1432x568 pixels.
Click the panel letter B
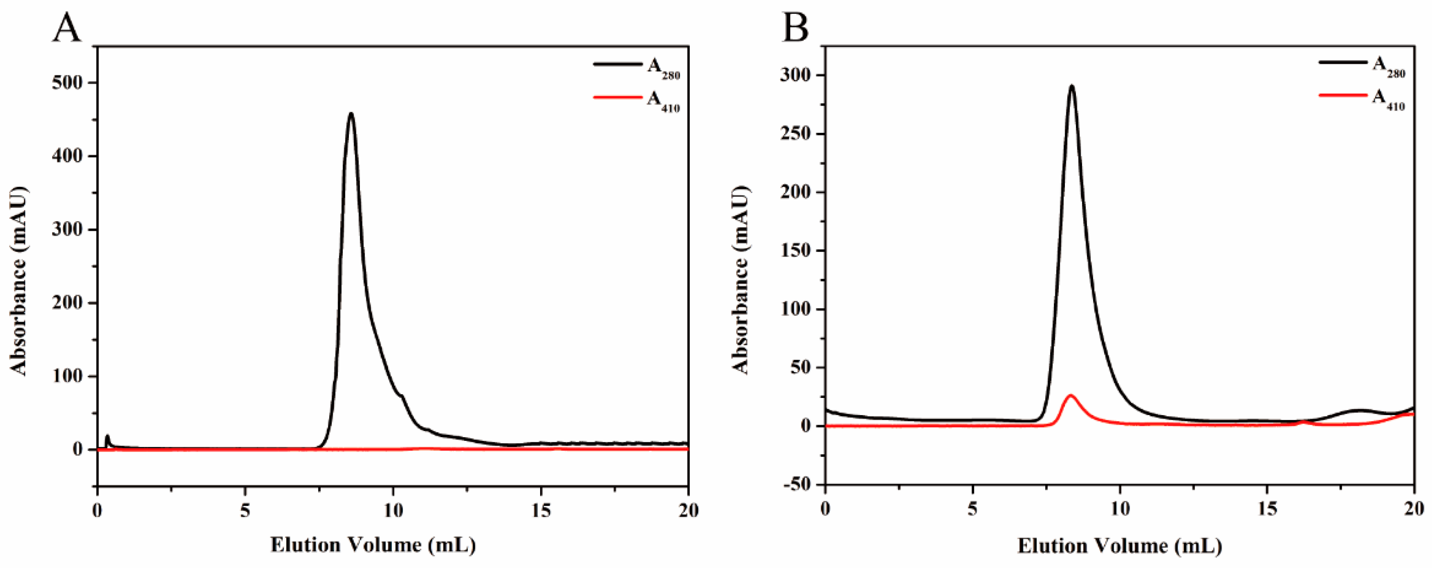[x=795, y=28]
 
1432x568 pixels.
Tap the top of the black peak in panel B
[x=1072, y=86]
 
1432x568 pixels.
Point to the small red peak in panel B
[x=1071, y=396]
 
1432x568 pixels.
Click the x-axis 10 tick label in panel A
[x=392, y=510]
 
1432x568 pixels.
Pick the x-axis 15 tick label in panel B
[x=1267, y=510]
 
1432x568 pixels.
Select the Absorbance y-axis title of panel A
[x=19, y=281]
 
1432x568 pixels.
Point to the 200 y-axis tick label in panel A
[x=67, y=303]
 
